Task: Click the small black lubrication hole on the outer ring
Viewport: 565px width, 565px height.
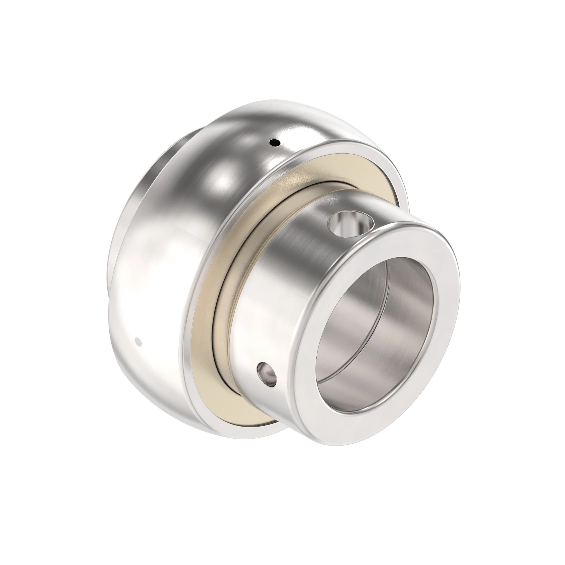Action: point(274,143)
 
